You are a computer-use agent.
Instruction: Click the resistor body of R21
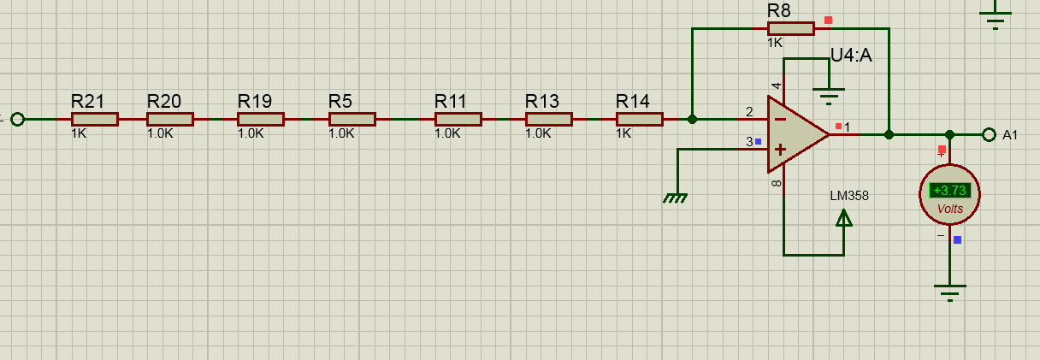coord(95,119)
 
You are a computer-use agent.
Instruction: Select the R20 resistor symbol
coord(170,119)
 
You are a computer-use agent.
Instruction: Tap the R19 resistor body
coord(261,119)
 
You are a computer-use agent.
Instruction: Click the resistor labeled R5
coord(352,119)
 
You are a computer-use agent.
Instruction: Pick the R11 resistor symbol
coord(458,119)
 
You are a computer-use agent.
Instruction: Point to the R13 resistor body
coord(549,119)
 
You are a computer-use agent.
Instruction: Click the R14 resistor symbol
coord(640,119)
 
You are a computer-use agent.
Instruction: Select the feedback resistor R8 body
coord(790,29)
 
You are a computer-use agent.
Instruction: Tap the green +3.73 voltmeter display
coord(949,190)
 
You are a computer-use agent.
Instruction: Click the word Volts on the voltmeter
coord(950,209)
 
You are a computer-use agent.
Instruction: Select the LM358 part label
coord(848,196)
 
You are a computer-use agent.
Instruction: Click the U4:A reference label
coord(851,56)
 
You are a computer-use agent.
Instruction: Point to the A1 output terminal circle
coord(989,135)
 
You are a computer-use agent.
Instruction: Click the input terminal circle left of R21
coord(18,119)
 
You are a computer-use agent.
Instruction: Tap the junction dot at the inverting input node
coord(692,119)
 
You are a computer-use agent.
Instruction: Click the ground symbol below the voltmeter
coord(950,292)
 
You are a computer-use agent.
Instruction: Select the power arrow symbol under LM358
coord(843,218)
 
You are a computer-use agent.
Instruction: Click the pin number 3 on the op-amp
coord(749,141)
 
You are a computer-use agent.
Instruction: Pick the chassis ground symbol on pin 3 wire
coord(675,198)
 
